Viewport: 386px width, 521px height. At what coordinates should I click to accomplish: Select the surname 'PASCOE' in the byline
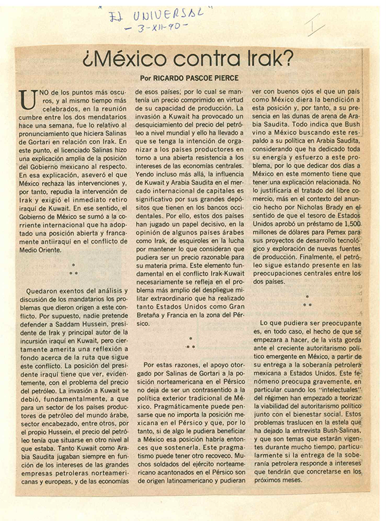207,78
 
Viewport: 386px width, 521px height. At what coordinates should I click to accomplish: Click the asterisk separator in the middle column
191,344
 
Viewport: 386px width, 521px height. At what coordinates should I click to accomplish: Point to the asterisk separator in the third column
307,300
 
